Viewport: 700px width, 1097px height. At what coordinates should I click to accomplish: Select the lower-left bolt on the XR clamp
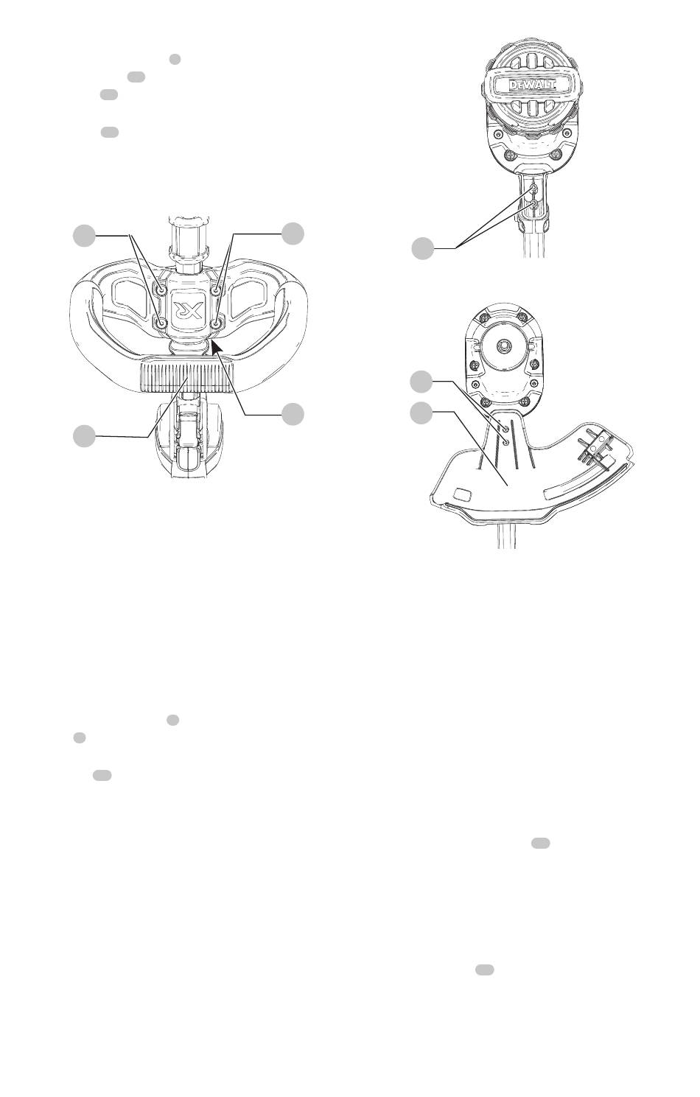pos(161,323)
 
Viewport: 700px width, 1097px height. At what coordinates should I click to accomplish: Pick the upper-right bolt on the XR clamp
pos(214,291)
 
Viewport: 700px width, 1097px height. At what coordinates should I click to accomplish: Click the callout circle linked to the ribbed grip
pos(84,436)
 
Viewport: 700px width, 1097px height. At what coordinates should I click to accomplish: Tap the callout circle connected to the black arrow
pos(292,414)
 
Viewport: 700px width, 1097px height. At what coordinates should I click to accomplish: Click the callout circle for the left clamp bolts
pos(84,236)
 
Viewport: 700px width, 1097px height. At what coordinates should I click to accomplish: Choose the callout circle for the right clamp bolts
pos(293,234)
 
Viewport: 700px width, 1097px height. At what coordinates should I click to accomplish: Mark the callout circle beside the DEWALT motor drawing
pos(421,248)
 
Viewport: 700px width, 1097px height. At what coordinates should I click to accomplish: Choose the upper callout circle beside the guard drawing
pos(421,382)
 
